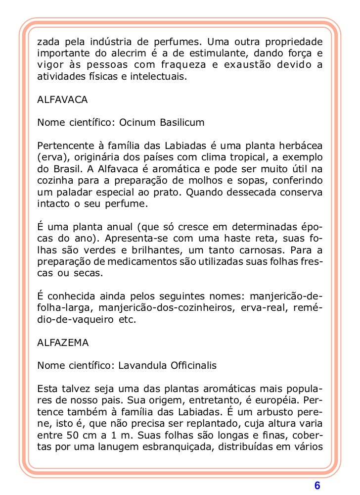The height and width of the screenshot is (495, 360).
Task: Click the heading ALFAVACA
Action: (x=62, y=100)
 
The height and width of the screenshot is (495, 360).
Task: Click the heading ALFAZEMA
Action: (x=63, y=342)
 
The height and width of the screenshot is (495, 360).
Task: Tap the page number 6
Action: (x=317, y=485)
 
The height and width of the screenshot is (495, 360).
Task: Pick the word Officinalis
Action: (x=192, y=366)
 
